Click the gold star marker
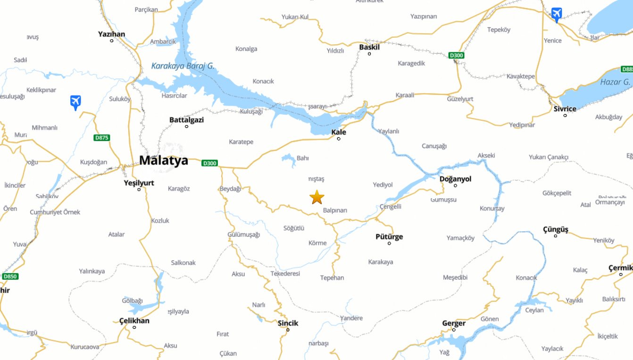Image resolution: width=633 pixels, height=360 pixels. (317, 197)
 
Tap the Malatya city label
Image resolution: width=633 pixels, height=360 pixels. (163, 160)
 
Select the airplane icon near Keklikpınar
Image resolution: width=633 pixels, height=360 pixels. (75, 102)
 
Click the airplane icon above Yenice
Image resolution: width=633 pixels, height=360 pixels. (557, 14)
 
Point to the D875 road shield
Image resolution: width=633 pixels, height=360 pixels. (101, 138)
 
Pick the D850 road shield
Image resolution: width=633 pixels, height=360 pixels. (9, 276)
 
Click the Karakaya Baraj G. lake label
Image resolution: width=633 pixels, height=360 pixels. (183, 66)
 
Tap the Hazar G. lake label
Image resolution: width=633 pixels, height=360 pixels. (615, 82)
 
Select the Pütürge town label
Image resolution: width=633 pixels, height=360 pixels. (389, 236)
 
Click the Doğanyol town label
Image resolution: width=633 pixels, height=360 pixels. (455, 179)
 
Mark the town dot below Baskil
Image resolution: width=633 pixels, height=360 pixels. (369, 54)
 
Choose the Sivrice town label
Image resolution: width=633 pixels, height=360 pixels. (565, 109)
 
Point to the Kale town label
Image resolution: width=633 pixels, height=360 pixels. (339, 132)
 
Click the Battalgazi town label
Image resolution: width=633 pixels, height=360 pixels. (186, 120)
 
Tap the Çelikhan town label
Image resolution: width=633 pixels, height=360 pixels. (134, 321)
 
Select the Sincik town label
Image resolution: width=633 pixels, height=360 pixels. (288, 323)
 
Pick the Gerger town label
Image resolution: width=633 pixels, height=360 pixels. (454, 323)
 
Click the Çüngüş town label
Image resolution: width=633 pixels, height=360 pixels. (556, 229)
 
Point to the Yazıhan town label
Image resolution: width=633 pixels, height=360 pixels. (111, 34)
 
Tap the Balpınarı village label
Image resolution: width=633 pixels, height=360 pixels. (335, 210)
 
